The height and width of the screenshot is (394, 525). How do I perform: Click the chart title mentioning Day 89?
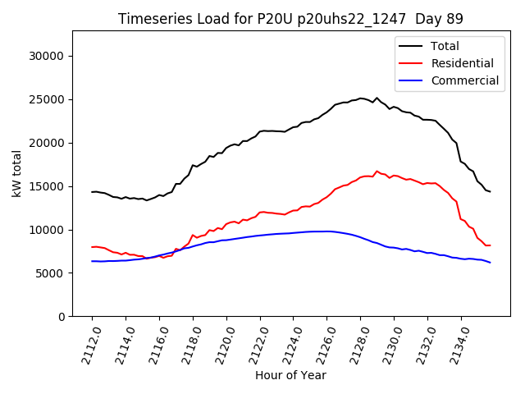279,19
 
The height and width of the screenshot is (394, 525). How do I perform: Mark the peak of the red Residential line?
377,172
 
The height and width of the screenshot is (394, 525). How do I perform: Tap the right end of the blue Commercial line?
490,263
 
